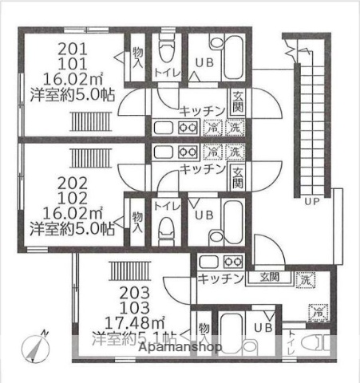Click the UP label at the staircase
[313, 202]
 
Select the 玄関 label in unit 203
[268, 277]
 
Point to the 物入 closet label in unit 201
[136, 57]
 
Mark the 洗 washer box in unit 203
[305, 279]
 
